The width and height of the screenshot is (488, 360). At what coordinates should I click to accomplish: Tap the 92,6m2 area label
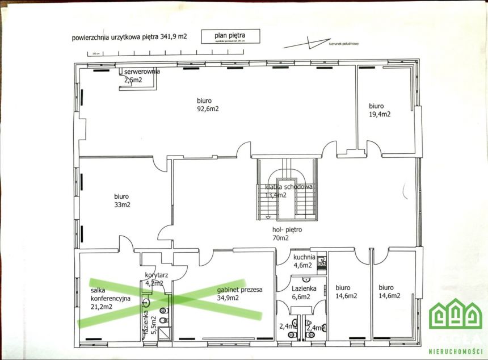(x=208, y=108)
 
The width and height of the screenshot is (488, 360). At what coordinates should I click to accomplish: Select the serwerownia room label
(x=142, y=72)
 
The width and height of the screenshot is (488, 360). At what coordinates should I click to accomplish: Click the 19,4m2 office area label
(x=380, y=114)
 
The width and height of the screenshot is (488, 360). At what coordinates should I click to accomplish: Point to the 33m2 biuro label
(x=123, y=204)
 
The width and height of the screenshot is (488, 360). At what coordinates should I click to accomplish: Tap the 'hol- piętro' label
(x=288, y=230)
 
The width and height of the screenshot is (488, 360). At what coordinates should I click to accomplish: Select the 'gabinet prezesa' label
(x=239, y=290)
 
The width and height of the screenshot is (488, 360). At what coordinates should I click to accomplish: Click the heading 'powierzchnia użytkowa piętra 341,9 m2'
(x=129, y=38)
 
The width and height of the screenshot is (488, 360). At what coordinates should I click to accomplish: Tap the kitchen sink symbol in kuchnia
(x=322, y=261)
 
